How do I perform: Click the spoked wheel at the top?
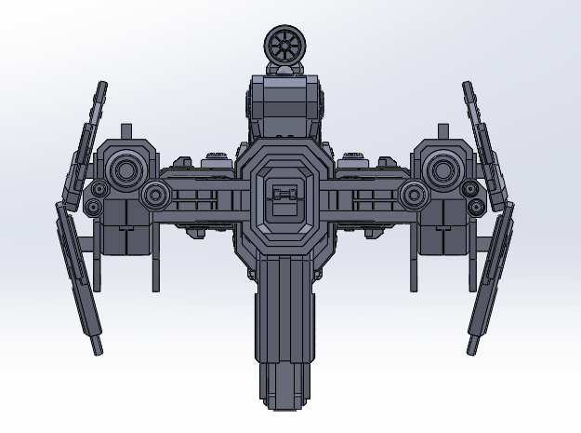[x=284, y=42]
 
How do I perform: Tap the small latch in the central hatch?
[x=286, y=195]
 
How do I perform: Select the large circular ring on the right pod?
[x=446, y=169]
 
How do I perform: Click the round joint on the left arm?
[x=154, y=195]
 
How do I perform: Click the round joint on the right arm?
[x=415, y=195]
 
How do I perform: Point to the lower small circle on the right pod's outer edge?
[x=475, y=205]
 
